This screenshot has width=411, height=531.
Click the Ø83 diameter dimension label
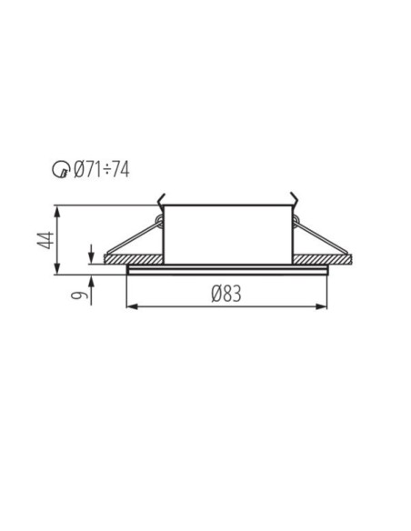coord(226,293)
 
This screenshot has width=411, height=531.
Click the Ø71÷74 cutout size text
coord(101,169)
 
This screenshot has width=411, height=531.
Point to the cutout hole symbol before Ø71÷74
coord(59,170)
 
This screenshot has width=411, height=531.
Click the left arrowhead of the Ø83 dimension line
coord(130,306)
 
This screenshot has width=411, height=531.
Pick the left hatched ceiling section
coord(135,259)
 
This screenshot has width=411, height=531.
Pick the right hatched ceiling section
coord(321,259)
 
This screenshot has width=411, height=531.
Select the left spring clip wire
coord(132,238)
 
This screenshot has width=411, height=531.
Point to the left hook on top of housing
coord(162,199)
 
